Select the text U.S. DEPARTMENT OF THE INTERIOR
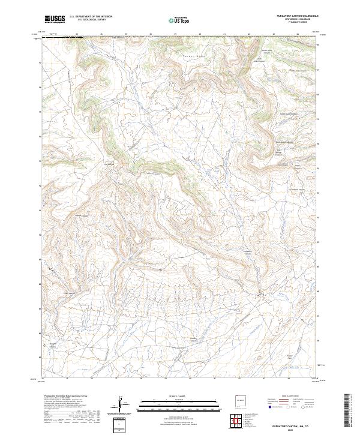(x=91, y=16)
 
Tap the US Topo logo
(x=181, y=20)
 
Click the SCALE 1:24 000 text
(x=180, y=395)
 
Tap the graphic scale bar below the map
(x=180, y=402)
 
